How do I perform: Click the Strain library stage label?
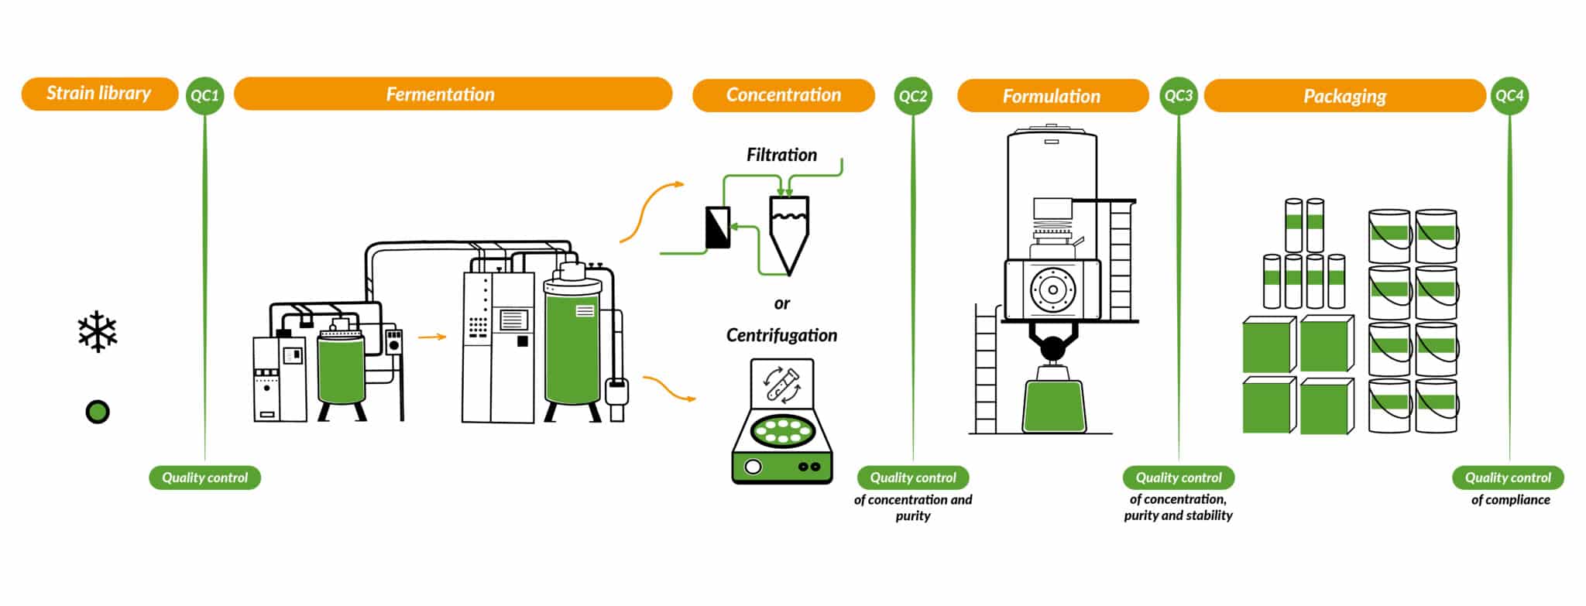click(99, 94)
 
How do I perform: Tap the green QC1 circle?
click(205, 96)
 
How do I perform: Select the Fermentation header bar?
click(453, 94)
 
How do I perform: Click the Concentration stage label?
click(784, 95)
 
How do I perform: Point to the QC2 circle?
click(913, 96)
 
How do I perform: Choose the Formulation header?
click(1052, 96)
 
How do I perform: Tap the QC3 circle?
click(1179, 96)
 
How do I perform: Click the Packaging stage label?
click(1345, 96)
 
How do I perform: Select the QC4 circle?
click(1509, 96)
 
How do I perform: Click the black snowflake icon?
click(98, 332)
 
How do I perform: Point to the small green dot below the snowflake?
click(98, 412)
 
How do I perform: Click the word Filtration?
click(781, 155)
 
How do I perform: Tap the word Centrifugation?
click(781, 335)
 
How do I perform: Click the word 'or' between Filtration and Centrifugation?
click(782, 303)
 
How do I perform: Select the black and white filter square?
click(719, 228)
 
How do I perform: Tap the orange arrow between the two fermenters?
click(432, 337)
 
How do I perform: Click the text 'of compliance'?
click(1510, 500)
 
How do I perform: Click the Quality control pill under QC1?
click(205, 478)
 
